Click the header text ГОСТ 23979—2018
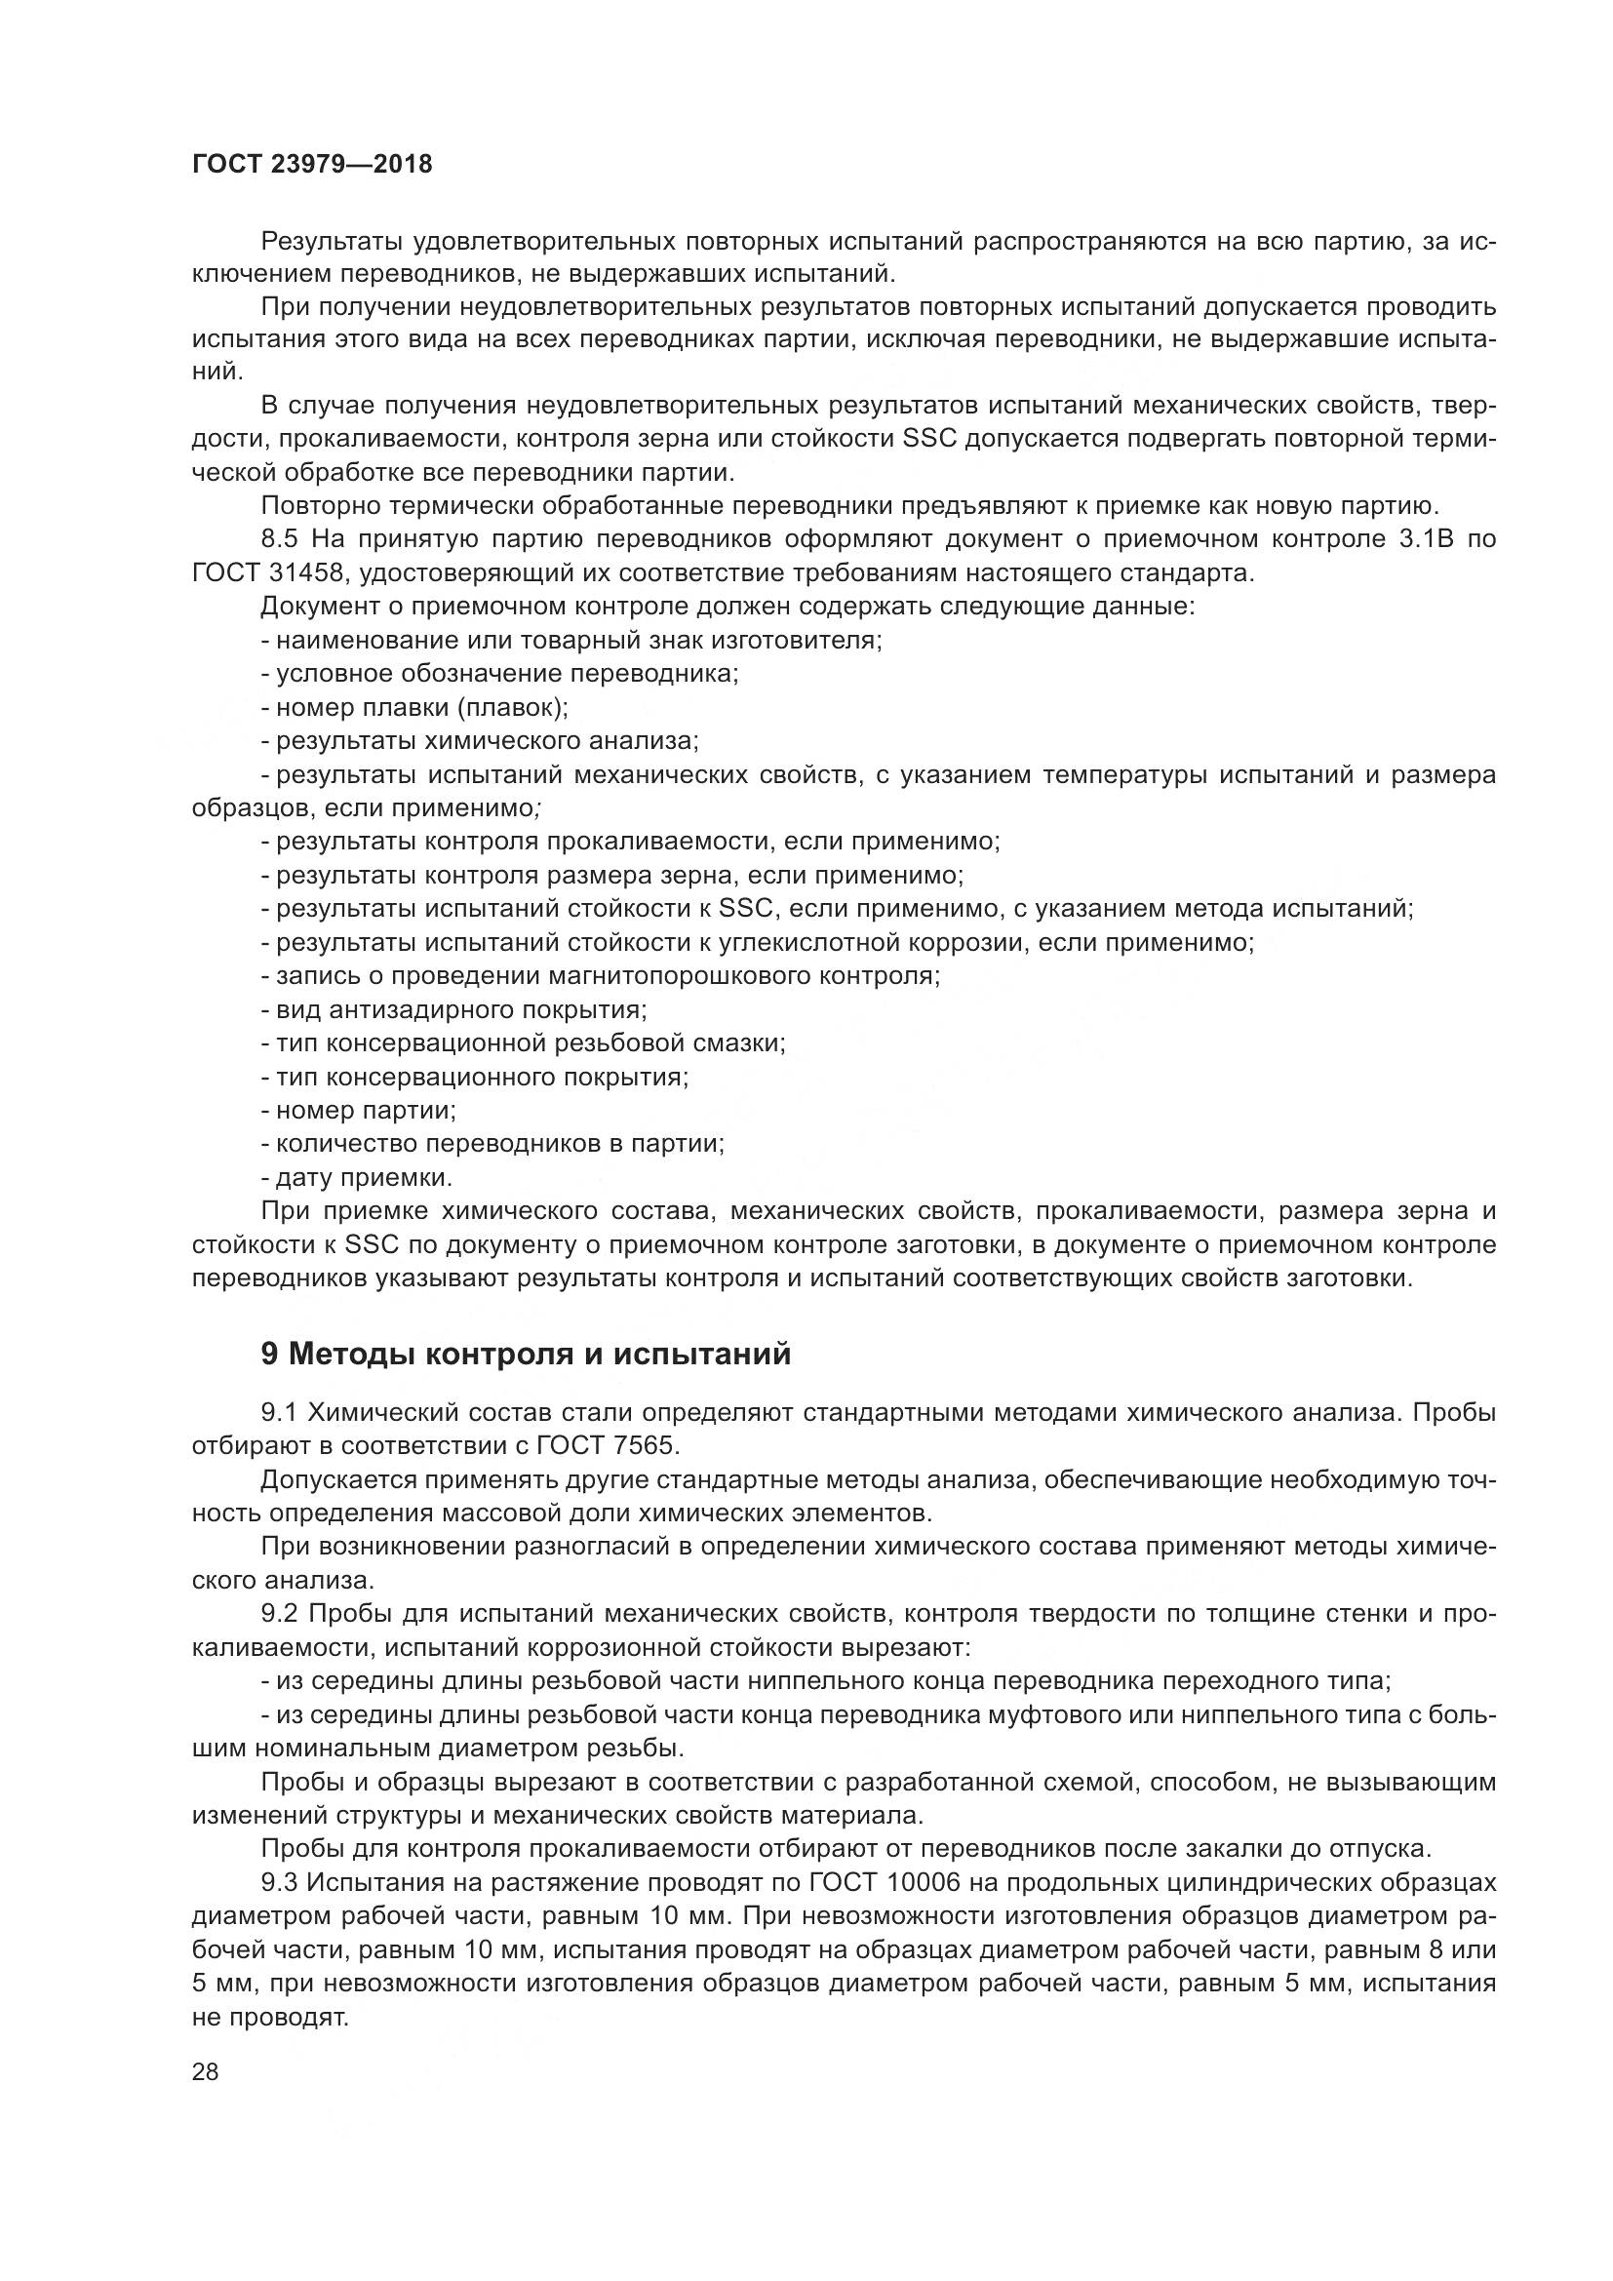tap(312, 165)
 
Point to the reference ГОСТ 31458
tap(266, 573)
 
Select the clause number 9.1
tap(281, 1412)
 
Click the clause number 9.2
tap(281, 1613)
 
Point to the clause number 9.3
tap(281, 1882)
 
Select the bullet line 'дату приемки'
tap(358, 1178)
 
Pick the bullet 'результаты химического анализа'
tap(481, 741)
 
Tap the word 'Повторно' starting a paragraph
tap(317, 506)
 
